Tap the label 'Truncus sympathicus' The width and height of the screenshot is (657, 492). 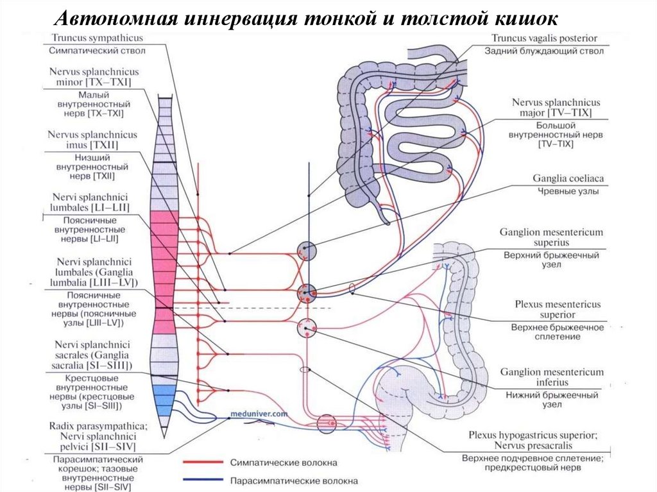[x=97, y=38]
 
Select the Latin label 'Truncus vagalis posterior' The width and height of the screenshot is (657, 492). [x=544, y=38]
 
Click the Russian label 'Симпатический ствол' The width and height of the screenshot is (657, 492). [x=97, y=51]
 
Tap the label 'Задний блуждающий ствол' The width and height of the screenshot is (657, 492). [x=544, y=51]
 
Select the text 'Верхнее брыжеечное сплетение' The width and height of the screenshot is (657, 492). [x=558, y=332]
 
